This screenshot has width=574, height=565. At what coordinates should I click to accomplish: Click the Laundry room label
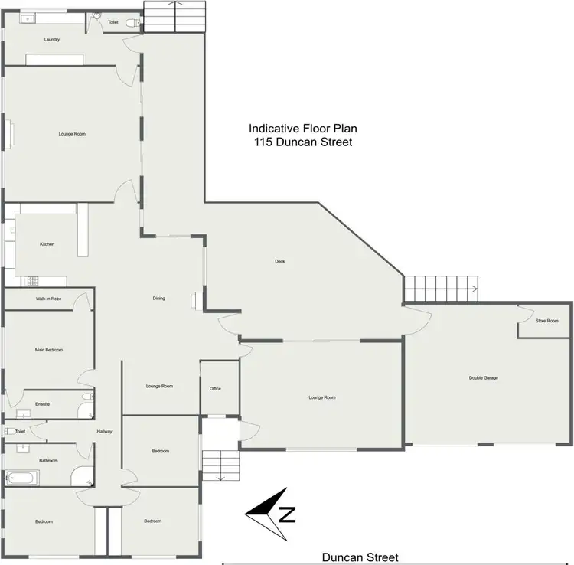tap(52, 39)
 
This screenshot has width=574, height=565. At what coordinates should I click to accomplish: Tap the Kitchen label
tap(47, 244)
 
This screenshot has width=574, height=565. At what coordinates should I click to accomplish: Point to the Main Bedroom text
tap(49, 350)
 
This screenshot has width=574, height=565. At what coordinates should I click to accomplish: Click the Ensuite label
tap(43, 403)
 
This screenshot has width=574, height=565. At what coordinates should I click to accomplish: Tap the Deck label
tap(280, 262)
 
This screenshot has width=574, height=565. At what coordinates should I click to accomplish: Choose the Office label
tap(215, 389)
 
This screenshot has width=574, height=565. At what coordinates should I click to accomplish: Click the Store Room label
tap(546, 321)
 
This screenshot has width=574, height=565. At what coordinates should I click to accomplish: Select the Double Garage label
tap(484, 378)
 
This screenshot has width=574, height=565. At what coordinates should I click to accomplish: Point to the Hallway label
tap(105, 432)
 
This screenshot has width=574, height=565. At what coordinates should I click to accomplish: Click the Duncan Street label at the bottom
tap(360, 557)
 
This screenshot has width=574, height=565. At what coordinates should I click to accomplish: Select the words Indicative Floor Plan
tap(301, 129)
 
